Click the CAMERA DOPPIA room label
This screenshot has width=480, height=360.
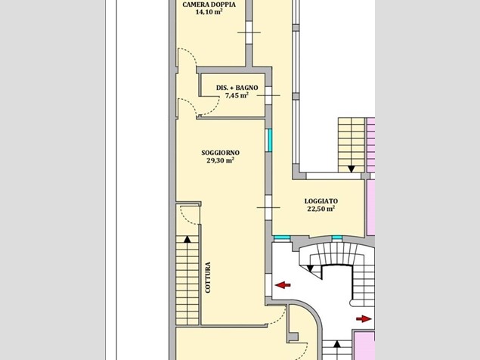pyautogui.click(x=209, y=5)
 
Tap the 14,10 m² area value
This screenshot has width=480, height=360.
pyautogui.click(x=209, y=12)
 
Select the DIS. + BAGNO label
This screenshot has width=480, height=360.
pyautogui.click(x=237, y=88)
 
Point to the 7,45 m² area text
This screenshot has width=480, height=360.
pyautogui.click(x=237, y=95)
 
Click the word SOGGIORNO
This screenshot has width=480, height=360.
pyautogui.click(x=221, y=153)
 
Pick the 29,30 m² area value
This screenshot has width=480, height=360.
pyautogui.click(x=221, y=160)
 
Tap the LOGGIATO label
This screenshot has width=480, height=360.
pyautogui.click(x=321, y=201)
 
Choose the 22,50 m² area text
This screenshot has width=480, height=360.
pyautogui.click(x=321, y=209)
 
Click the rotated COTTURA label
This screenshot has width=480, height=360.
pyautogui.click(x=208, y=278)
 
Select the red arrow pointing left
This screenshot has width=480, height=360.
pyautogui.click(x=283, y=285)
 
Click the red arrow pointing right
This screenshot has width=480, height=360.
pyautogui.click(x=364, y=319)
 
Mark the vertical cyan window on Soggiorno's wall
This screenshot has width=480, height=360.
pyautogui.click(x=270, y=141)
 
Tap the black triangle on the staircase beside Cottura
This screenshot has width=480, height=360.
pyautogui.click(x=187, y=239)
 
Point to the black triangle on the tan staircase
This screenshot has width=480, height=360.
pyautogui.click(x=351, y=169)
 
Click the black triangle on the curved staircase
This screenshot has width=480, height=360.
pyautogui.click(x=310, y=268)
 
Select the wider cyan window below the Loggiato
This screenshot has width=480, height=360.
pyautogui.click(x=282, y=237)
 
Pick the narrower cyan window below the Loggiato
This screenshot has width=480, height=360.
pyautogui.click(x=336, y=237)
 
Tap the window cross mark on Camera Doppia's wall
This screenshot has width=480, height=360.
pyautogui.click(x=249, y=33)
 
